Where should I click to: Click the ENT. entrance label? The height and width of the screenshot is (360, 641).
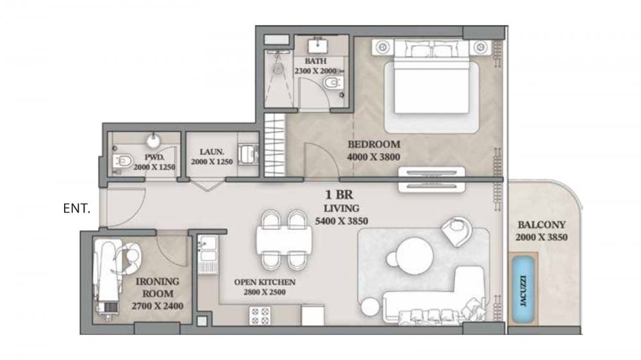(x=77, y=208)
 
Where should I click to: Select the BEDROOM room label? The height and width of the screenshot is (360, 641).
(x=374, y=144)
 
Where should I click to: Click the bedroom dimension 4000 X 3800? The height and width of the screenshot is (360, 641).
(x=373, y=157)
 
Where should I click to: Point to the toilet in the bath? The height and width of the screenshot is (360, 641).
(x=331, y=83)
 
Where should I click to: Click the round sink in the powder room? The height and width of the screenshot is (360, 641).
(x=154, y=140)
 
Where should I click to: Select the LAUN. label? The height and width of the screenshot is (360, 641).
(x=212, y=152)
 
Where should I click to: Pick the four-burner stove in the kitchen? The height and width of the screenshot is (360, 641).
(x=260, y=316)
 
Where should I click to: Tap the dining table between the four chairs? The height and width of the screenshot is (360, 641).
(x=284, y=240)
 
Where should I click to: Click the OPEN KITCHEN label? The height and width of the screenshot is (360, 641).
(x=265, y=282)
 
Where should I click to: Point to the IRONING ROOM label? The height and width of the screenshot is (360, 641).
(x=158, y=287)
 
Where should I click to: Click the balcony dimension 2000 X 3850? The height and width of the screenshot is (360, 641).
(x=541, y=238)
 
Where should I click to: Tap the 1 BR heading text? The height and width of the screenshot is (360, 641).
(x=339, y=195)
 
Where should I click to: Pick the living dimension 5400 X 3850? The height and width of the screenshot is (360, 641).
(x=342, y=221)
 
